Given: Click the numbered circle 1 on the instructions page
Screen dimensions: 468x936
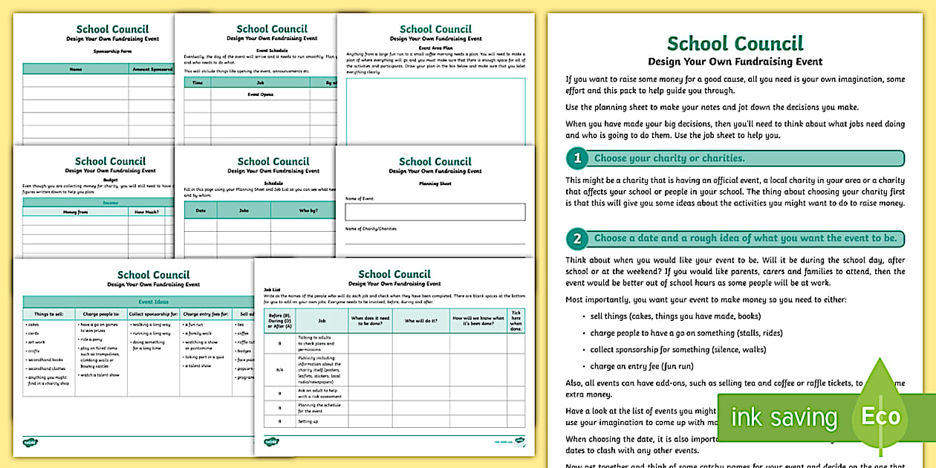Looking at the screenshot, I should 577,158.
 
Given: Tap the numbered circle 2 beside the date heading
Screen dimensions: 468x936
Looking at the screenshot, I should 577,238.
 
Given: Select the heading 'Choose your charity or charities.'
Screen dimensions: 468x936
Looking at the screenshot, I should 669,158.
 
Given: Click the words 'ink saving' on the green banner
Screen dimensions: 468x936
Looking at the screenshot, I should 784,417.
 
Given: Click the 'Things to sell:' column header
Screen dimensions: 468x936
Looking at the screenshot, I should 48,314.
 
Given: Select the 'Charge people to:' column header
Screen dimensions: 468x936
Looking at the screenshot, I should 101,314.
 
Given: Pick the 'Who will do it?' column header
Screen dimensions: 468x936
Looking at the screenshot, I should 420,320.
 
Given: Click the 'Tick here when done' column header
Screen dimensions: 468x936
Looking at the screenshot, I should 516,320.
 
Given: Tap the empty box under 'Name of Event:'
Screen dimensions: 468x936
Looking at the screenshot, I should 435,212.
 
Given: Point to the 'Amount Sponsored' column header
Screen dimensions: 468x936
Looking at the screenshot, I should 152,69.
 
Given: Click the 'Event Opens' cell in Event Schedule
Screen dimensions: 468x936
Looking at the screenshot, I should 261,95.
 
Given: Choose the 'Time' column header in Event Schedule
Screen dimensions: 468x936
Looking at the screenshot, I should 198,83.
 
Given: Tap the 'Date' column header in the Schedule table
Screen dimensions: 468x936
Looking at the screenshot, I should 201,210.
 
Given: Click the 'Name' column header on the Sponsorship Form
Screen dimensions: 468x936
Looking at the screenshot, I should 76,69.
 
